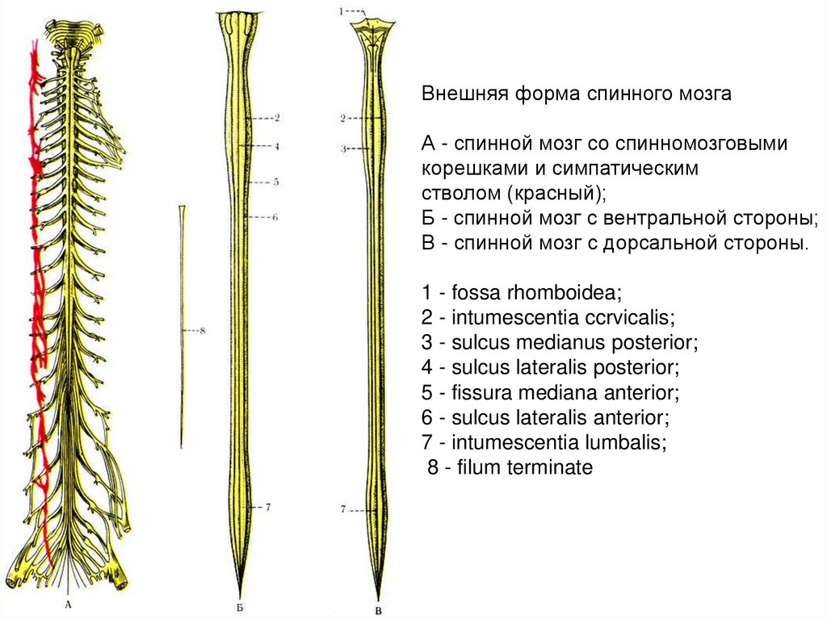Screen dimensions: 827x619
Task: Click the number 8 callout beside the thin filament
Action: [x=203, y=331]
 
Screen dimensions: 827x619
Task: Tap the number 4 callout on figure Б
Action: [x=275, y=147]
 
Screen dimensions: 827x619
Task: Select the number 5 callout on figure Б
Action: [x=275, y=182]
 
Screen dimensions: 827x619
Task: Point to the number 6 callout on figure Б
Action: [x=275, y=217]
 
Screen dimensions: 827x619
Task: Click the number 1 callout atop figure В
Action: [x=342, y=11]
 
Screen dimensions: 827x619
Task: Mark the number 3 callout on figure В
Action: [x=342, y=149]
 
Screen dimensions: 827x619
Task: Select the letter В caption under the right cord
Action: [x=378, y=608]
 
